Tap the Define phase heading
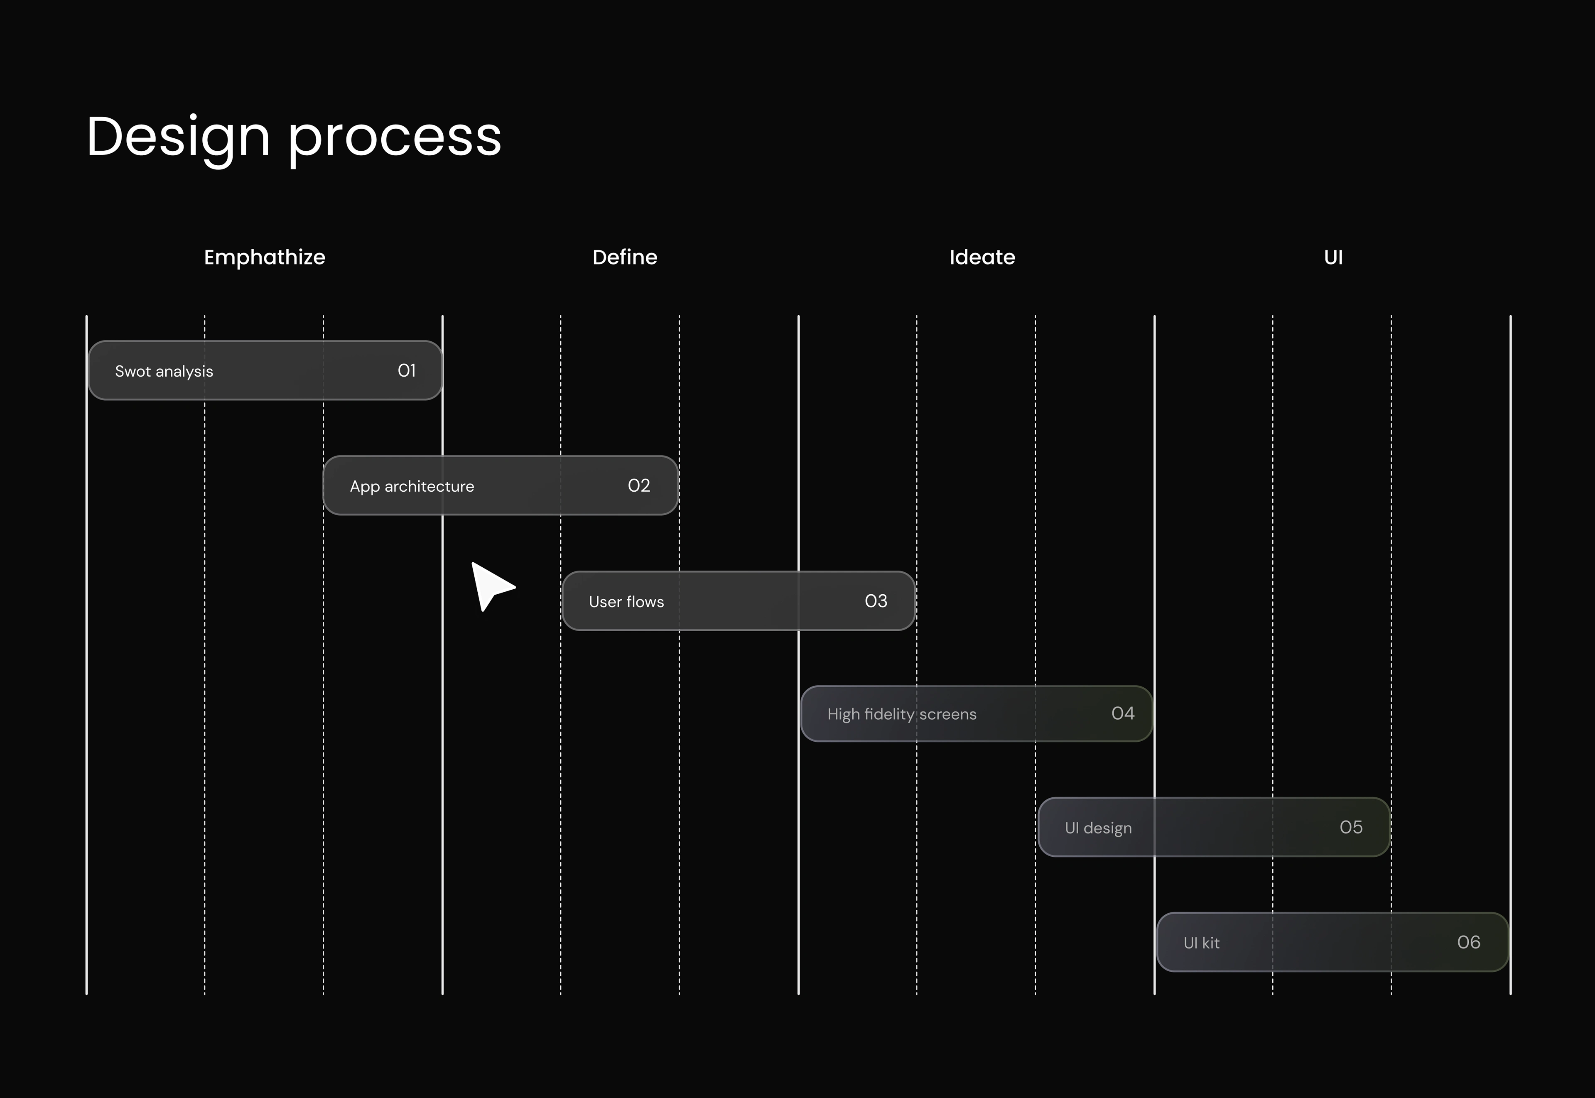pyautogui.click(x=625, y=257)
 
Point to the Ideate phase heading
pyautogui.click(x=982, y=257)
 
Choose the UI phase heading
pyautogui.click(x=1333, y=257)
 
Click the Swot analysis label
pyautogui.click(x=164, y=372)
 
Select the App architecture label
pyautogui.click(x=412, y=486)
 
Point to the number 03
pyautogui.click(x=876, y=601)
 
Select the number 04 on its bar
pyautogui.click(x=1123, y=713)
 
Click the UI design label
pyautogui.click(x=1098, y=828)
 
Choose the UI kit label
pyautogui.click(x=1201, y=943)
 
